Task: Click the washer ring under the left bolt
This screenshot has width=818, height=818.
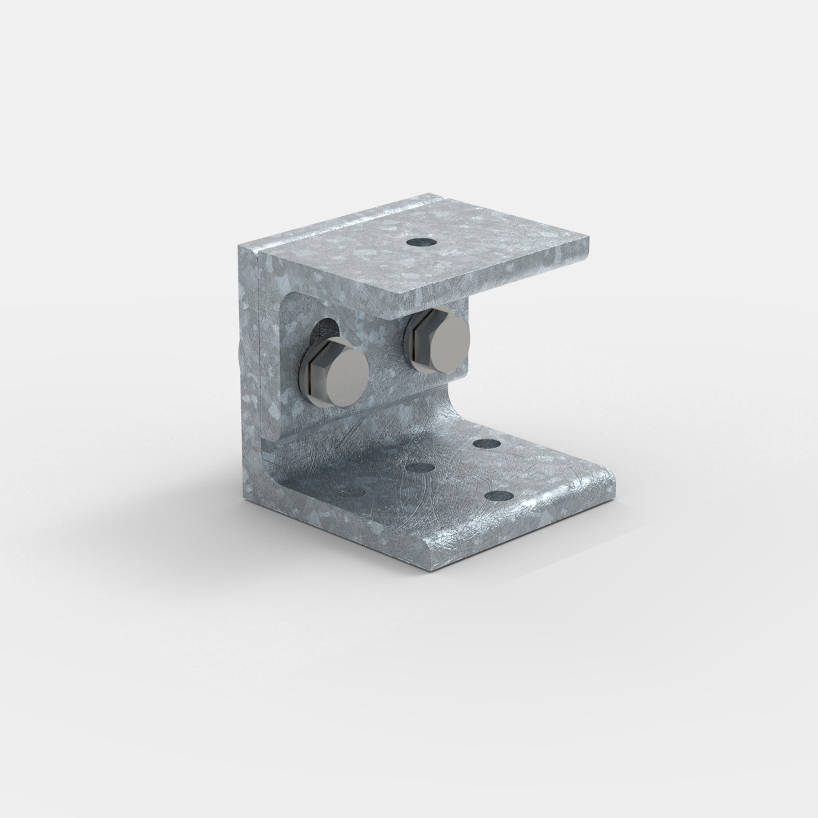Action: click(x=304, y=364)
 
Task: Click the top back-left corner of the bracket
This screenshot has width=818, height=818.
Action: click(x=238, y=245)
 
